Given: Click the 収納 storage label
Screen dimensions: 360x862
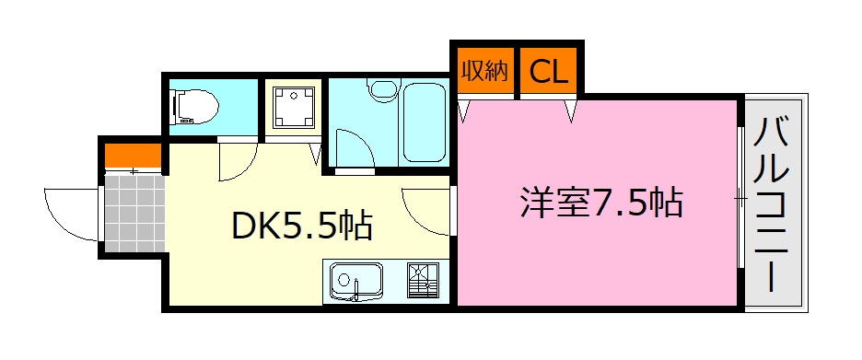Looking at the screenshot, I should pyautogui.click(x=483, y=71).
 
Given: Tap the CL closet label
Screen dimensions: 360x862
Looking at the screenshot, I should pyautogui.click(x=549, y=71).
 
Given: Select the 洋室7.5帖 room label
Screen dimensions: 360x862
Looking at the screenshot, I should pyautogui.click(x=600, y=201).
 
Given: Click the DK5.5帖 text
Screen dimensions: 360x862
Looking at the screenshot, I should pyautogui.click(x=301, y=224).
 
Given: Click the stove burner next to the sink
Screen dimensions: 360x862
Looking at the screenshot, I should pyautogui.click(x=426, y=280).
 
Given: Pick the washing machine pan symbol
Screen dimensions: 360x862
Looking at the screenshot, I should pyautogui.click(x=294, y=107).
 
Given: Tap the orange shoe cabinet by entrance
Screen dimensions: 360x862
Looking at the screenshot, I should pyautogui.click(x=133, y=153).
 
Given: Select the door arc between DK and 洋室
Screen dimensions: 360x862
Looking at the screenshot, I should pyautogui.click(x=425, y=212).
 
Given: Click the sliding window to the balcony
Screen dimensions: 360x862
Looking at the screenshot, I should pyautogui.click(x=741, y=197).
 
